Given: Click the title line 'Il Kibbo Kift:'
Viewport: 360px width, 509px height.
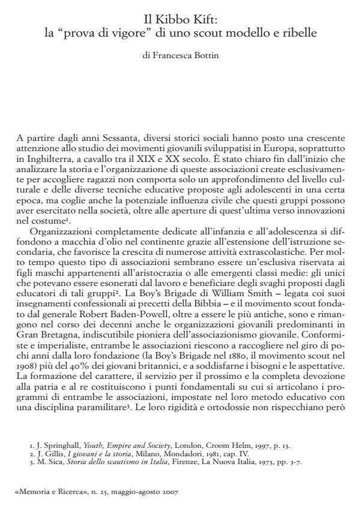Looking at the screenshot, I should (x=180, y=19).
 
